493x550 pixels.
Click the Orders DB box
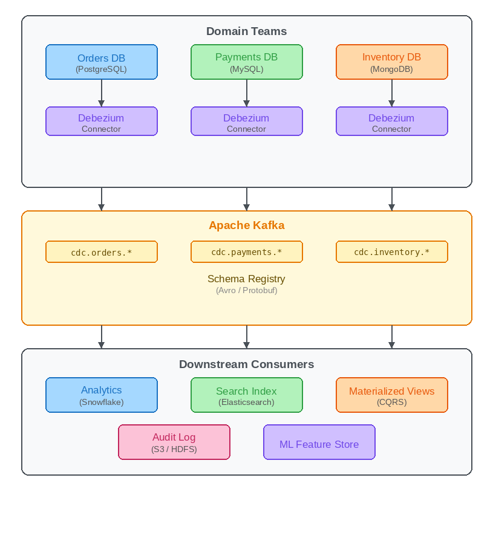tap(102, 62)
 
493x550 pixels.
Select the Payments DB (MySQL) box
tap(247, 62)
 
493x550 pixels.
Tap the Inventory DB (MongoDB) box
tap(392, 62)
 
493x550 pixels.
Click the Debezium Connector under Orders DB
tap(102, 121)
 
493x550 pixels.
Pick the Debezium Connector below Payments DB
tap(247, 121)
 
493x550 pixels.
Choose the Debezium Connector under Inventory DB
tap(392, 121)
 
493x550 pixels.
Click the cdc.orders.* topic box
tap(102, 252)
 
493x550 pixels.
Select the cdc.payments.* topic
tap(247, 252)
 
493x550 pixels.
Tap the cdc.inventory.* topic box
tap(392, 252)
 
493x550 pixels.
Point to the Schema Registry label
tap(246, 279)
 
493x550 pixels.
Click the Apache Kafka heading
tap(246, 225)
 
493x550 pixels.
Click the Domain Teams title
tap(246, 31)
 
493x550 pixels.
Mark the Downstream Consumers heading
tap(246, 364)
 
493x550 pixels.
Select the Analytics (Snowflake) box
tap(102, 395)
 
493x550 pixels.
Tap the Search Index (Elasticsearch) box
tap(247, 395)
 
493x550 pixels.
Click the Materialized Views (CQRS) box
tap(392, 395)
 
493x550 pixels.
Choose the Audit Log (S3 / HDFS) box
tap(174, 442)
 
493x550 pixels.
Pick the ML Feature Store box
tap(319, 442)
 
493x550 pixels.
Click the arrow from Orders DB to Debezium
tap(102, 93)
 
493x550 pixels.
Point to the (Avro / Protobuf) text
tap(246, 291)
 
